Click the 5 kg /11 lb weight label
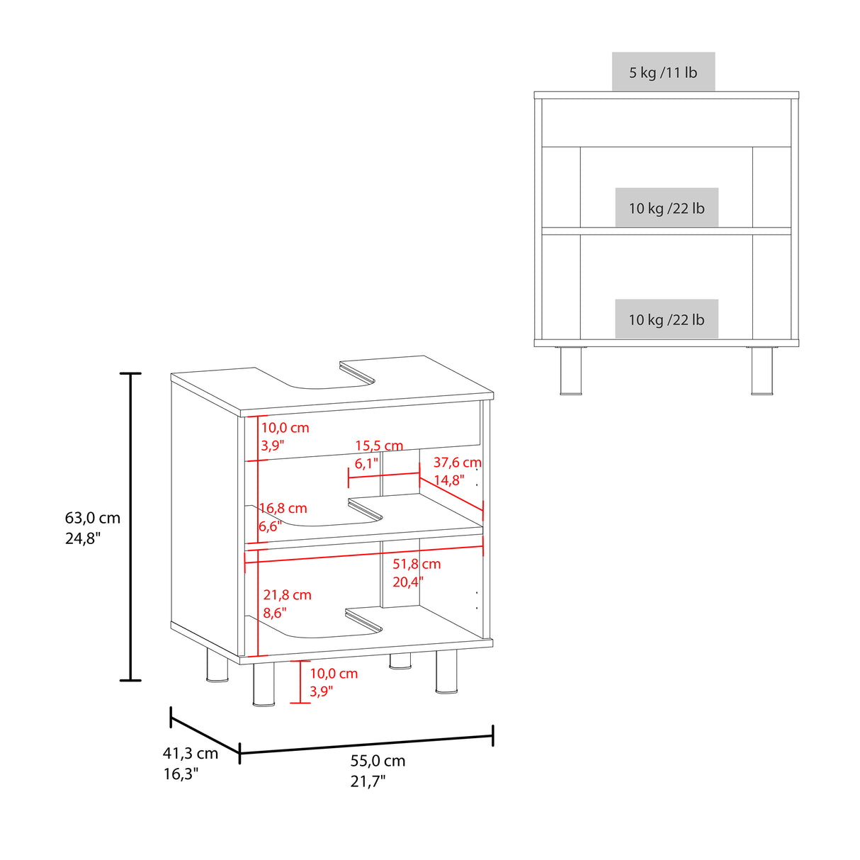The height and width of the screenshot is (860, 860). pos(663,72)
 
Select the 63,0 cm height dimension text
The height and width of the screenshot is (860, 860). pos(93,518)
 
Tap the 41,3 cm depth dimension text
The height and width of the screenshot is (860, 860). pos(191,754)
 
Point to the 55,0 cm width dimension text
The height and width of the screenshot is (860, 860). pos(378,761)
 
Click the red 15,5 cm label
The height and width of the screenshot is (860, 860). pos(379,446)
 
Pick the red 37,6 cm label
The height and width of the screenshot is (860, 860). pos(457,463)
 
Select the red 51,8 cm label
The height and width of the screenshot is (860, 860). pos(417,564)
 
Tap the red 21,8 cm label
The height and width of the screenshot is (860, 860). pos(287,595)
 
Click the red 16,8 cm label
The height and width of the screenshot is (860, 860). pos(283,509)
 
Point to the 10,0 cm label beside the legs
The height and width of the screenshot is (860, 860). pos(334,674)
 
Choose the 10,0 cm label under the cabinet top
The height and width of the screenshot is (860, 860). pos(285,428)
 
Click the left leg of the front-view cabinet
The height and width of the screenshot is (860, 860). pos(571,370)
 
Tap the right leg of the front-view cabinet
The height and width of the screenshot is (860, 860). pos(762,370)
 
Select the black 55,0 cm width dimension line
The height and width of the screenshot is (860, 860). pos(366,744)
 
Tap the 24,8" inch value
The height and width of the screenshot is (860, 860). pos(84,538)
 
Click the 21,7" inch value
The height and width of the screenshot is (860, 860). pos(368,781)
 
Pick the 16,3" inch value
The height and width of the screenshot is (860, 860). pos(181,774)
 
